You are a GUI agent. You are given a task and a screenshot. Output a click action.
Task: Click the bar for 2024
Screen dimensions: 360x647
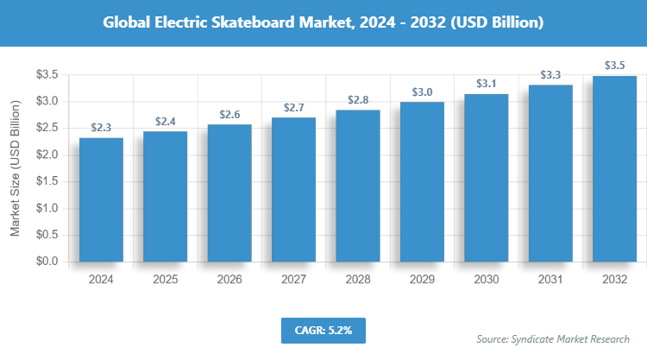tap(101, 199)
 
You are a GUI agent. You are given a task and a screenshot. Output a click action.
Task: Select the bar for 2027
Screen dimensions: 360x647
tap(293, 189)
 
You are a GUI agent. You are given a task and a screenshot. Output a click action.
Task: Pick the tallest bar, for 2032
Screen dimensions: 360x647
tap(614, 168)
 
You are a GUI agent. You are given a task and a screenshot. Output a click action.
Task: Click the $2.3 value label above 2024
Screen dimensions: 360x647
tap(101, 127)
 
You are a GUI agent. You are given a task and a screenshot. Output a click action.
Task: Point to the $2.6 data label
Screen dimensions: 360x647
tap(229, 114)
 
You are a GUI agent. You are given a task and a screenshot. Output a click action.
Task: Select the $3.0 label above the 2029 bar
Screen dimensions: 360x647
tap(422, 92)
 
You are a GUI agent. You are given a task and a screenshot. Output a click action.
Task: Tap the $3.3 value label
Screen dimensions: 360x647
tap(550, 75)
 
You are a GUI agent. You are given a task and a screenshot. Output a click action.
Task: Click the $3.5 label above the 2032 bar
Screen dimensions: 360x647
tap(614, 65)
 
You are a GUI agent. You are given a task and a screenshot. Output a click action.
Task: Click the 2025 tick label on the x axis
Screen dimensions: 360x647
tap(165, 280)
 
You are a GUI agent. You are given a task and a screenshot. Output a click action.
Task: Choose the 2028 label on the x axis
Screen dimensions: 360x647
tap(358, 280)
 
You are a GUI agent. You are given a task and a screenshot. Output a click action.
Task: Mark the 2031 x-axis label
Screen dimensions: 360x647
tap(550, 280)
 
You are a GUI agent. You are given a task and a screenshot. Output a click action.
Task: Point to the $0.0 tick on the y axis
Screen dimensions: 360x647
tap(46, 262)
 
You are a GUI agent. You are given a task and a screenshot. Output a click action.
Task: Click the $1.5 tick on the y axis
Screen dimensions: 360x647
tap(46, 182)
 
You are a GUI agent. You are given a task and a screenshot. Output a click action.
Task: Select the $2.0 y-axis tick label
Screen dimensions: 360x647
tap(46, 155)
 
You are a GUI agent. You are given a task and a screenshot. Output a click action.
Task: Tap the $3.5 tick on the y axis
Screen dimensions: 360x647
tap(46, 75)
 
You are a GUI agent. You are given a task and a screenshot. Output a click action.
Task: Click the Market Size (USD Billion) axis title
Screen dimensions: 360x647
tap(15, 168)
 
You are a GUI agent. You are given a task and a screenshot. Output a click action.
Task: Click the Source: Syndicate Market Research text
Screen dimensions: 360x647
tap(553, 338)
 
